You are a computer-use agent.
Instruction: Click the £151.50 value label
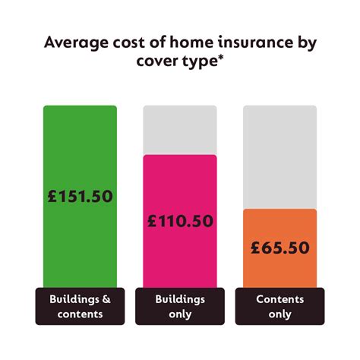80,196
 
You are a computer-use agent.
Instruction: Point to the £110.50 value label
180,221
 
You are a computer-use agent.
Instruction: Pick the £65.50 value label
279,248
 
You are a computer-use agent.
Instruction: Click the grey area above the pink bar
180,129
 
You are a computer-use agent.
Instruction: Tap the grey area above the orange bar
279,156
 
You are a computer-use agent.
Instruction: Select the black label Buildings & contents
80,306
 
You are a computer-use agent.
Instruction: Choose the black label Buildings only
180,306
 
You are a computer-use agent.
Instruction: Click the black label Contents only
279,306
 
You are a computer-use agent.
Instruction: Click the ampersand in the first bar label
106,299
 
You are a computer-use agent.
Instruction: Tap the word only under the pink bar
180,314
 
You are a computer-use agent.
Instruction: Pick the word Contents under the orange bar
279,299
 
